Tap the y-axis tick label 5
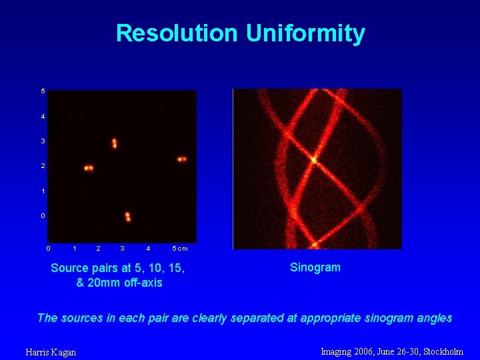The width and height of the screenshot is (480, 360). point(43,91)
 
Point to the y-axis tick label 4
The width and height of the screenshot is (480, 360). point(43,117)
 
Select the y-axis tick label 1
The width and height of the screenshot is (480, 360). point(43,191)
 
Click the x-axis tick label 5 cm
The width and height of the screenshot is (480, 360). point(180,249)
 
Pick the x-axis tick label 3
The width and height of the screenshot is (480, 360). point(122,249)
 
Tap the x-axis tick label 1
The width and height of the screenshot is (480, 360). point(74,249)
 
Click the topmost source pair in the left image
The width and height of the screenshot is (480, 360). point(114,143)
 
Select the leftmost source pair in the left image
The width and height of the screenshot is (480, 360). point(89,168)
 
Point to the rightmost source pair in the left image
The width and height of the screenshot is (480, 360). point(181,159)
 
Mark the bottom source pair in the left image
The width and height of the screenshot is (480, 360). point(127,217)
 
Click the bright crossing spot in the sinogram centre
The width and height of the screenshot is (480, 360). point(313,160)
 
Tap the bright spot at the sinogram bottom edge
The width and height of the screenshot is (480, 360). point(315,245)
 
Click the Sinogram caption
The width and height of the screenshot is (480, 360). point(315,267)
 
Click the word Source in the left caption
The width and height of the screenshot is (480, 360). point(69,268)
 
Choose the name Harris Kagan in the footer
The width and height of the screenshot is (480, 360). point(51,352)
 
